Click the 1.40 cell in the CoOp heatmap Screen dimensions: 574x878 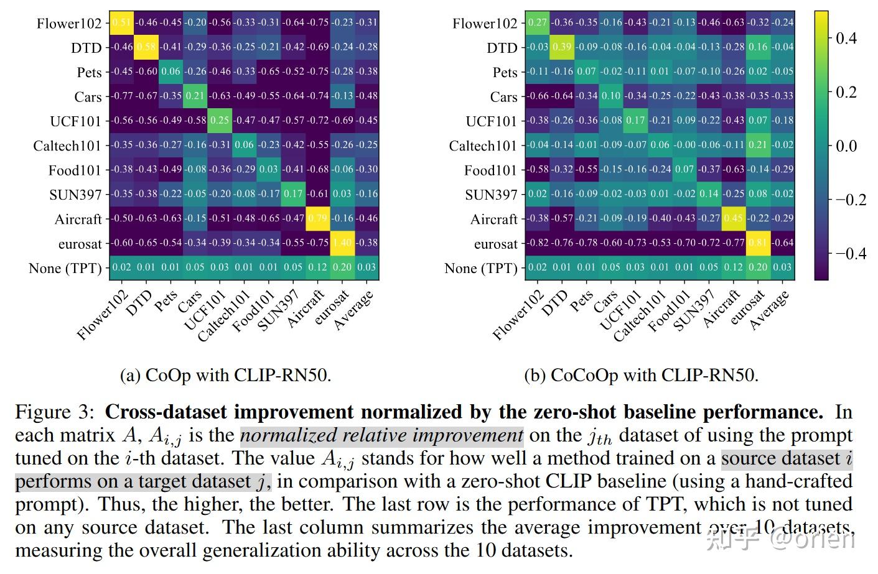tap(342, 243)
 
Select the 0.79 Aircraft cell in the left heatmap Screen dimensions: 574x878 tap(318, 218)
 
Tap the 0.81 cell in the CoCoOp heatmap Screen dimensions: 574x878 tap(758, 243)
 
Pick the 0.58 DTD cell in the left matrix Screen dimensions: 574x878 tap(147, 47)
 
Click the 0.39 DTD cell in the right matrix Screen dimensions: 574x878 tap(562, 47)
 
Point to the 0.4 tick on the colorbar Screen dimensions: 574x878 tap(846, 39)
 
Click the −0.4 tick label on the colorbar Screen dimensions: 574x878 tap(850, 253)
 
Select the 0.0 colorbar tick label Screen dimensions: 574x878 tap(846, 146)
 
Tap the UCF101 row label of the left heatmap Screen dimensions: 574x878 tap(75, 121)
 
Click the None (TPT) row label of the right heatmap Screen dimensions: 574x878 tap(480, 268)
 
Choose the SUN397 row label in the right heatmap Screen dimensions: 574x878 tap(491, 195)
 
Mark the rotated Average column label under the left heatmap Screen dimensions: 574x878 tap(353, 310)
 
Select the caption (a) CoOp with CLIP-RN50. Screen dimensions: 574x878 tap(225, 375)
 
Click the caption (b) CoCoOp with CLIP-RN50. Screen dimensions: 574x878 tap(641, 375)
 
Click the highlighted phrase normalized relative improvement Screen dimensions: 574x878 tap(381, 435)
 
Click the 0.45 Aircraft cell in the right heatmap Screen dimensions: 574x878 tap(734, 218)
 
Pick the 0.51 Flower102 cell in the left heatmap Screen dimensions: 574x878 tap(122, 22)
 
